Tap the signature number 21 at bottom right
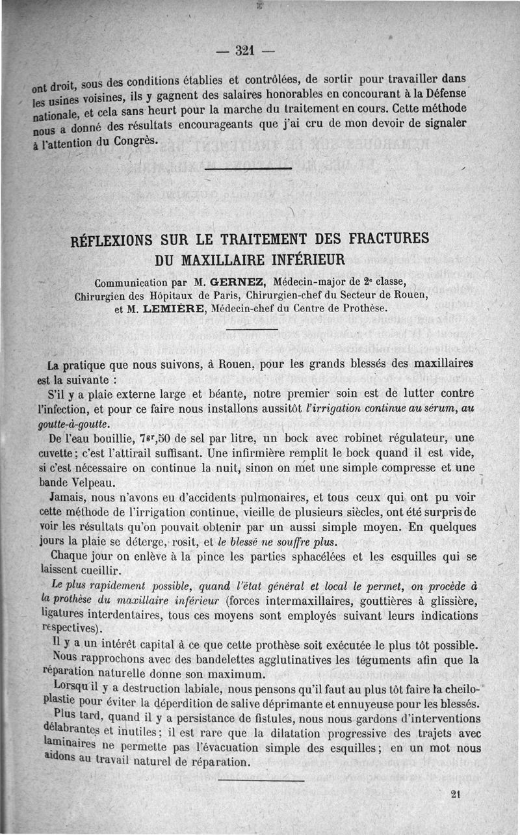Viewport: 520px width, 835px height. (454, 793)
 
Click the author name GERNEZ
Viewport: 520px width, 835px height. (239, 282)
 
